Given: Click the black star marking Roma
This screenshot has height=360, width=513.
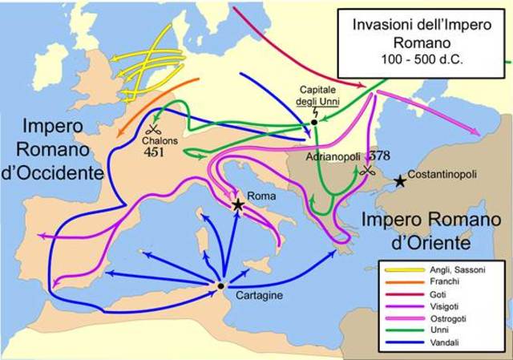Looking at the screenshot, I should coord(238,205).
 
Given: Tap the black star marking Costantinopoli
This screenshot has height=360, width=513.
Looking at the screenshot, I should coord(400,181).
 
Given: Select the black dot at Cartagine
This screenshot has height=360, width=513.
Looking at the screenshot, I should coord(220,285).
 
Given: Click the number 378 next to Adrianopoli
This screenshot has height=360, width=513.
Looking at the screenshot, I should coord(378,157).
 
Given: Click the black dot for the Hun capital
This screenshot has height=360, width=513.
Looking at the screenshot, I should coord(314,123).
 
